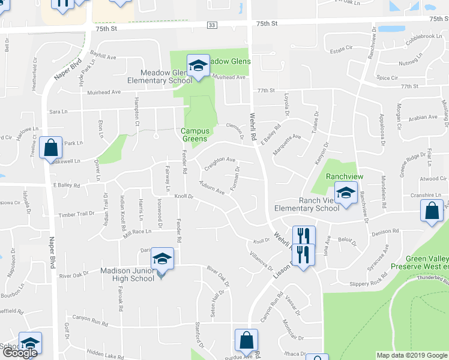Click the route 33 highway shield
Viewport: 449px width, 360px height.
212,25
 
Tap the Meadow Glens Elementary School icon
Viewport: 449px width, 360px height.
197,65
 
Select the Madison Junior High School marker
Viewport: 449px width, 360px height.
162,259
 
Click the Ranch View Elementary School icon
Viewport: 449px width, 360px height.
346,193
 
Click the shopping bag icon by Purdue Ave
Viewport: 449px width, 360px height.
246,340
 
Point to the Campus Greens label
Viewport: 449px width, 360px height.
196,135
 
